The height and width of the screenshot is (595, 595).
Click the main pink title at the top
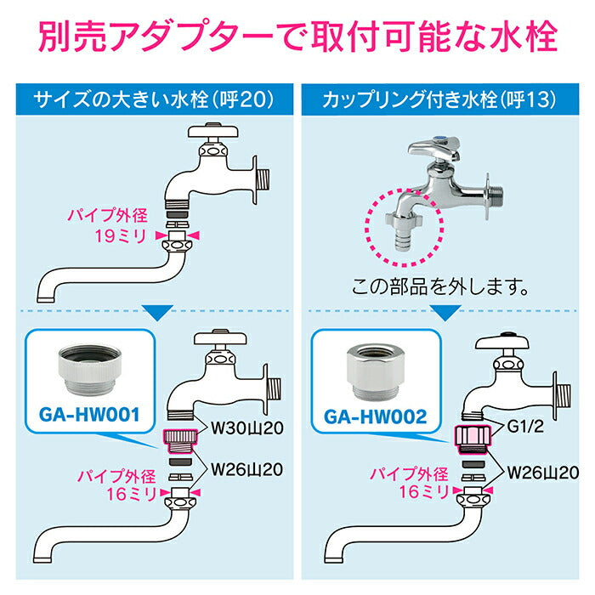point(297,38)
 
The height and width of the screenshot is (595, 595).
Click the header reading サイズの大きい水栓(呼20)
point(153,100)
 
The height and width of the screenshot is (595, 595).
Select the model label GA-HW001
point(90,417)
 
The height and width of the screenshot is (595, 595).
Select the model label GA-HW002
point(375,417)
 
